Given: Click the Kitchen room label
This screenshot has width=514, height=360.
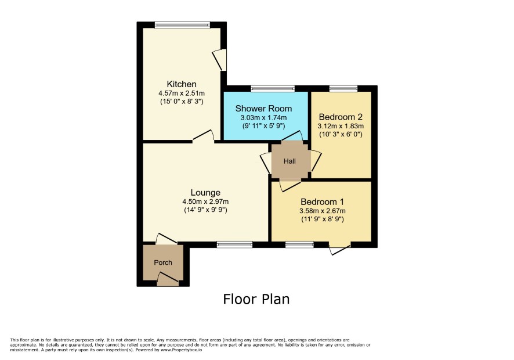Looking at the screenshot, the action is pos(182,84).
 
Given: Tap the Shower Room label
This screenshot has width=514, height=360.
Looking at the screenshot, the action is pos(263,109).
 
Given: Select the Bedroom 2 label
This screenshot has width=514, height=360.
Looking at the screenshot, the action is pos(341,117).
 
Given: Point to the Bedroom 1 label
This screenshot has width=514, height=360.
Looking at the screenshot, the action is pos(322,202).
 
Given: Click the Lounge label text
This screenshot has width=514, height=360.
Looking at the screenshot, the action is pos(205,193).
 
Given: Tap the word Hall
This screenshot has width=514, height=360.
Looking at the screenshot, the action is pos(289,161).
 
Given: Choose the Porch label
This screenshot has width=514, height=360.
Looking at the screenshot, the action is pos(163,262).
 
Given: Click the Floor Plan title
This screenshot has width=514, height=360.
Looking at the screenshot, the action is pos(256,299).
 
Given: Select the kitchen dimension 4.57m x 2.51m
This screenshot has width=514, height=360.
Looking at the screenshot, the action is pos(182,93).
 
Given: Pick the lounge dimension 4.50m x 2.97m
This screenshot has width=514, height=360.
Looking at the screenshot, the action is pos(205,202).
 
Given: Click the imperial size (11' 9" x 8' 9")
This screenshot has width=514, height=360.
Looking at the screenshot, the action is pos(322,219).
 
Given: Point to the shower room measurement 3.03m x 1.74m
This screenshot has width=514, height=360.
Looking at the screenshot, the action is pos(263,117).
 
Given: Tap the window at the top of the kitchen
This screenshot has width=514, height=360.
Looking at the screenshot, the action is pos(182,24).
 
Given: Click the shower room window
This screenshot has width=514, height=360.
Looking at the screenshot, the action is pos(273,88).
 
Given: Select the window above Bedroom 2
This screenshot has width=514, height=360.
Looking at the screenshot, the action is pos(343,88).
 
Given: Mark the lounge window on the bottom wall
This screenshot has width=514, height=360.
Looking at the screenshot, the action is pos(235,244).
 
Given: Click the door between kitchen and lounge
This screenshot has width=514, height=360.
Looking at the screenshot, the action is pos(203,136).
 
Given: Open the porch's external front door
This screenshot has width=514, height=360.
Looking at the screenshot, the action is pos(168,279).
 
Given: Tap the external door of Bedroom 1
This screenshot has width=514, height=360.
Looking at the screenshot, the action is pos(339,249).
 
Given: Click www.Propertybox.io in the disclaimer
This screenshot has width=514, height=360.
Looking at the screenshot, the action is pos(181,350).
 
